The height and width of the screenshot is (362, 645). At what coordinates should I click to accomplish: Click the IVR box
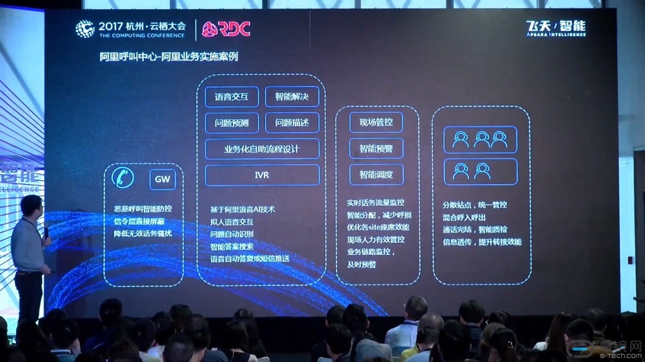coord(262,175)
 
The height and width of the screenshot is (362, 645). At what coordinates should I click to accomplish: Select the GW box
coord(163,179)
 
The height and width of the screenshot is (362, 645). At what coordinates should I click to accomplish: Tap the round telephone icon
coord(123,177)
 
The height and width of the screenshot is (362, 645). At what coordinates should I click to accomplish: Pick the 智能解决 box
coord(292,97)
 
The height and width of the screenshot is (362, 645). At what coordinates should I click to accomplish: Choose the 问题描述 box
coord(292,122)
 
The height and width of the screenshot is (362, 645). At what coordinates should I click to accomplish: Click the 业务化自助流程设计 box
coord(262,149)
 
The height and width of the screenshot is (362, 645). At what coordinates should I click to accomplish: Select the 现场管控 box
coord(376,122)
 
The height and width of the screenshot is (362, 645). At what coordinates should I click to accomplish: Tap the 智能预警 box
coord(376,148)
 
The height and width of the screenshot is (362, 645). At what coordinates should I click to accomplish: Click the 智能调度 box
coord(376,174)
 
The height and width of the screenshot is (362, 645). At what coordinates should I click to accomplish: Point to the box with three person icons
coord(481,139)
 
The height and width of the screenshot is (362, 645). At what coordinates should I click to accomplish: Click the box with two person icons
coord(481,171)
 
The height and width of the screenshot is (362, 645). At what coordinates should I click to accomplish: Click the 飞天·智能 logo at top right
coord(555,28)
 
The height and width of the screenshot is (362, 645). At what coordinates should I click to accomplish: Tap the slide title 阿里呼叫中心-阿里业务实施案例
coord(169,57)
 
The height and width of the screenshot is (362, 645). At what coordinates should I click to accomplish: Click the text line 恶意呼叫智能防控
coord(142,209)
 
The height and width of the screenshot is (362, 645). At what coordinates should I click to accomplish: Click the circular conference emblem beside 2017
coord(85,28)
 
